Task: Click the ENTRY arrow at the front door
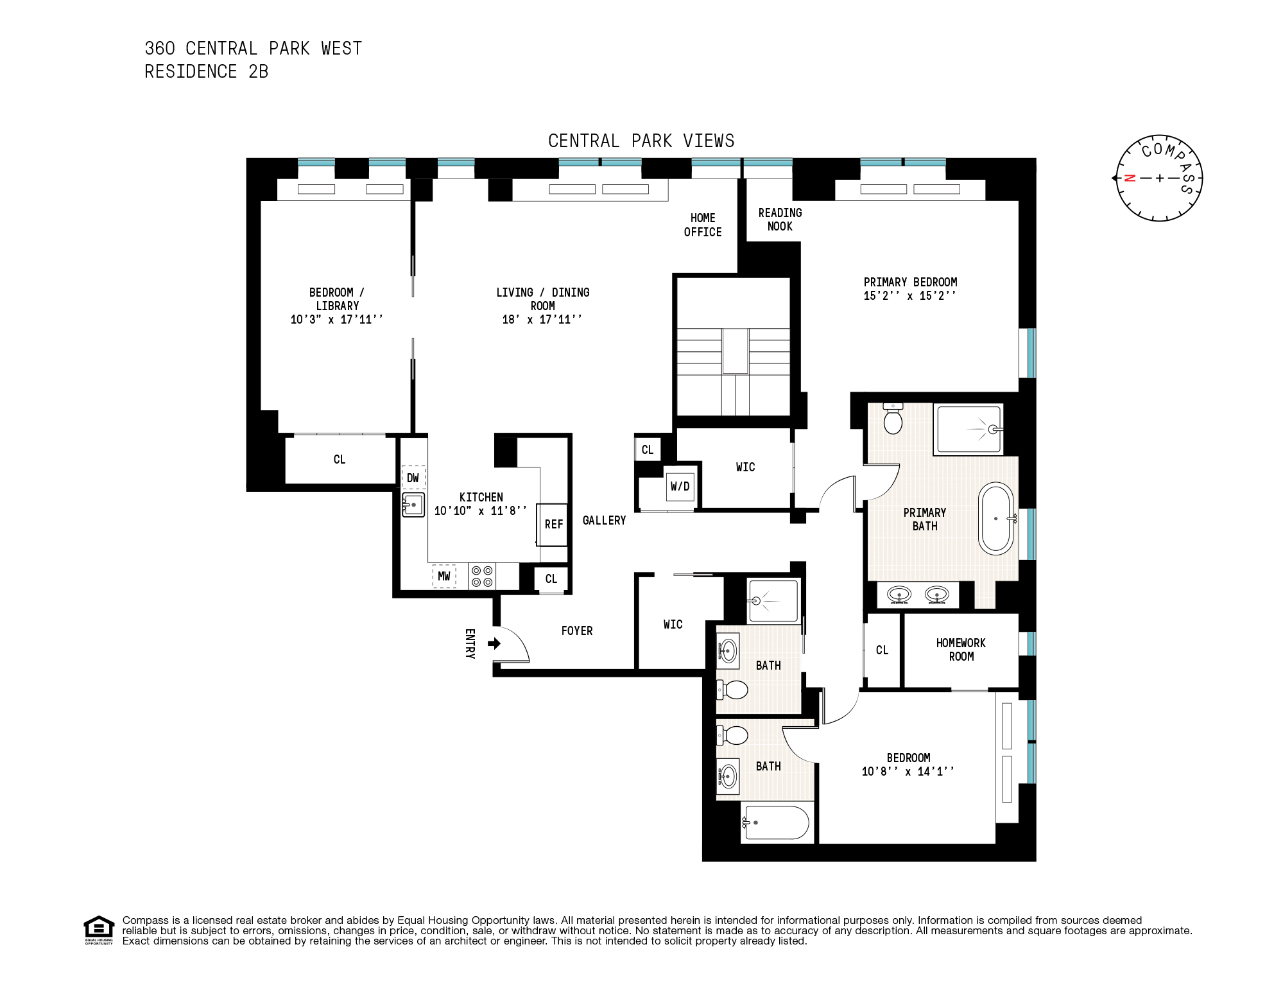(494, 643)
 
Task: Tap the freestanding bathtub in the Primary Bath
(995, 519)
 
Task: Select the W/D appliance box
(680, 487)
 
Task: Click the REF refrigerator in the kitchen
(553, 524)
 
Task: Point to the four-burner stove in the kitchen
(481, 576)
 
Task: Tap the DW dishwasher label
(413, 478)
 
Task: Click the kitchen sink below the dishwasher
(413, 505)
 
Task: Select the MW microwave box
(444, 576)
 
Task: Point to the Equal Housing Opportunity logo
(98, 930)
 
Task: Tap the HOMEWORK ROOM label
(961, 650)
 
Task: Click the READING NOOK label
(780, 220)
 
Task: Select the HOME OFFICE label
(703, 225)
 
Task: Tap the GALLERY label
(604, 521)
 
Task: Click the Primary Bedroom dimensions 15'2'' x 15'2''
(909, 296)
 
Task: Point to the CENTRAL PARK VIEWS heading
(641, 141)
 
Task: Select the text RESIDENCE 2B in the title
(206, 72)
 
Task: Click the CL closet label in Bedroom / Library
(340, 460)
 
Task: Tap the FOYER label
(576, 631)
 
